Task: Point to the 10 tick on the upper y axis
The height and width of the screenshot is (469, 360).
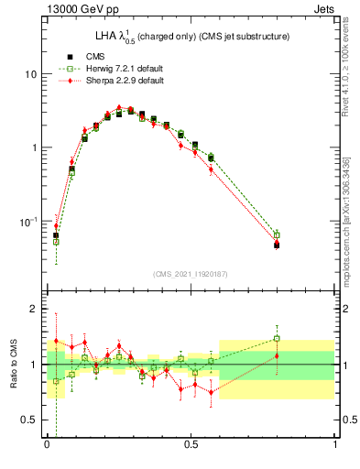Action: [30, 73]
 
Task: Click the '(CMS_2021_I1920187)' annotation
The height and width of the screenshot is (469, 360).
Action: [190, 274]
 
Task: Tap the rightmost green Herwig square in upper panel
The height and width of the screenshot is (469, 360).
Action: [277, 234]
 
